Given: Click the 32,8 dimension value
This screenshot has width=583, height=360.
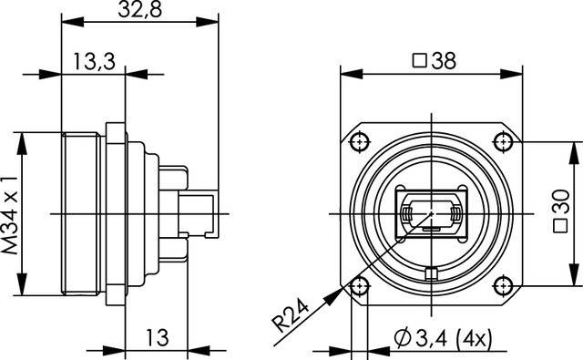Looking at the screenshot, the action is pyautogui.click(x=139, y=10).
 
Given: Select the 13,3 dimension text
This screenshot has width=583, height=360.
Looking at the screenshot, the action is pyautogui.click(x=94, y=61).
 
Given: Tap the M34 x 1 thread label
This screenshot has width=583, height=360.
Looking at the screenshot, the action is pyautogui.click(x=10, y=215).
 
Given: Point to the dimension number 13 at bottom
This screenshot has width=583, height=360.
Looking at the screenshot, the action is pyautogui.click(x=158, y=338).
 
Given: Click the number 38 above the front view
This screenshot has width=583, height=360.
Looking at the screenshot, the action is pyautogui.click(x=444, y=61).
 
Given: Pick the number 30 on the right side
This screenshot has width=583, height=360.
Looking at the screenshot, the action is pyautogui.click(x=561, y=201).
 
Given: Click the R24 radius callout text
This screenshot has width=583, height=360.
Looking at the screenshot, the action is pyautogui.click(x=291, y=315).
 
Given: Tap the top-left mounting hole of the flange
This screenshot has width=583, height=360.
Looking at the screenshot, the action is pyautogui.click(x=359, y=141).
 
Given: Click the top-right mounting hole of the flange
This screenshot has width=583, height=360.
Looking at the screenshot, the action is pyautogui.click(x=503, y=141).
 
